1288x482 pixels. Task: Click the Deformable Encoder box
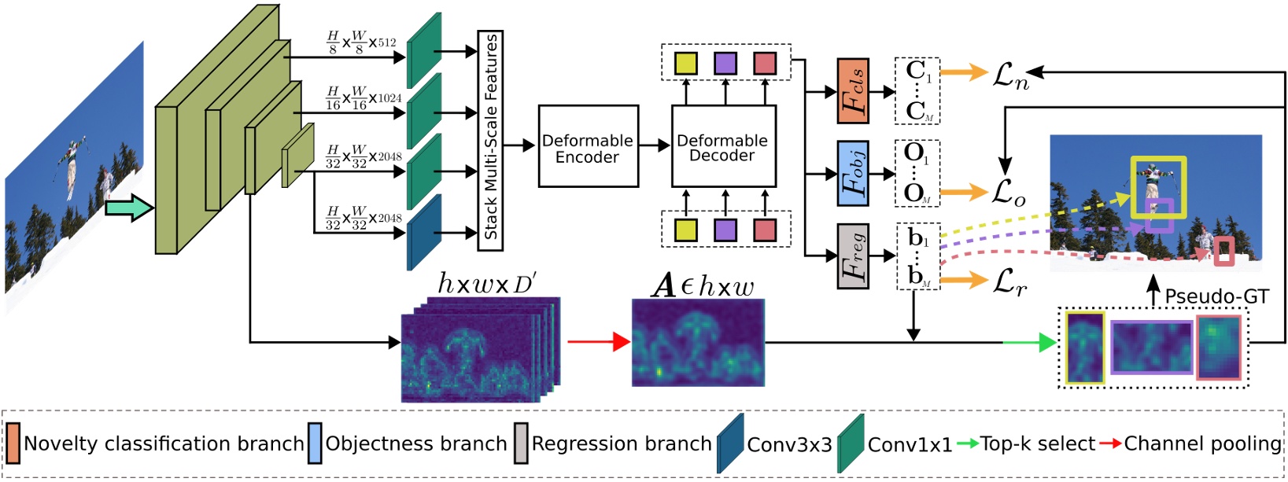pos(588,147)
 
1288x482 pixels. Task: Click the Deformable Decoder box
pos(723,147)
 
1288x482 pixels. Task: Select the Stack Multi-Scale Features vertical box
pos(490,140)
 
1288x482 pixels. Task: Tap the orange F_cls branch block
pos(853,91)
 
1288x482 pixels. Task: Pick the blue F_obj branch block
pos(853,174)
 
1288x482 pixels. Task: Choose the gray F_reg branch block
pos(853,256)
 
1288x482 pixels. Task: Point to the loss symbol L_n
pos(1010,76)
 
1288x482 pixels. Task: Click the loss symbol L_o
pos(1008,192)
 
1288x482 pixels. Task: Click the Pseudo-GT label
pos(1216,296)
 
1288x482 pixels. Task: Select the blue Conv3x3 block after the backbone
pos(423,233)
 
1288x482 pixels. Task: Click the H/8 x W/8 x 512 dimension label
pos(361,42)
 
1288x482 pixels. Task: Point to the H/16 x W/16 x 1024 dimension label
pos(364,98)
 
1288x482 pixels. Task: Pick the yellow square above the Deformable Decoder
pos(686,63)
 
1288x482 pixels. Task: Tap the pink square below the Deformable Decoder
pos(764,230)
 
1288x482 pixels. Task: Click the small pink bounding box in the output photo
pos(1223,252)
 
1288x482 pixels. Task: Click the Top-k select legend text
pos(1036,443)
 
